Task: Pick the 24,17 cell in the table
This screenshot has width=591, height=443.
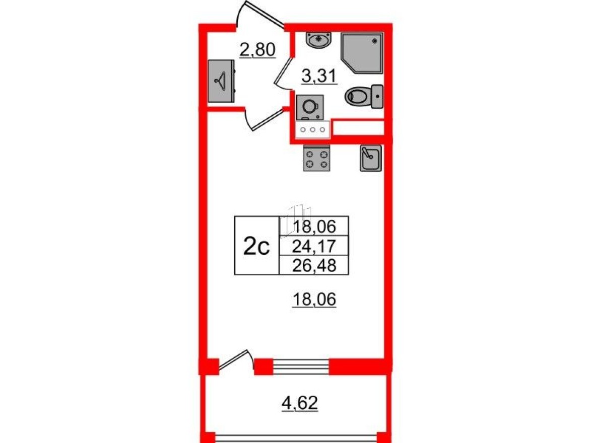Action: point(314,246)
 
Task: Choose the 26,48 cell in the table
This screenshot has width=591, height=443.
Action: point(314,264)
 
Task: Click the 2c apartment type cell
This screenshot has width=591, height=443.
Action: point(257,246)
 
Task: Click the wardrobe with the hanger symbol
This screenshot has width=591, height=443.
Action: point(221,82)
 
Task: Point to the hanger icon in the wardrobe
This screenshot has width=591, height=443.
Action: point(221,80)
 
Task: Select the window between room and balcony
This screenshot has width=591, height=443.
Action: point(300,366)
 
